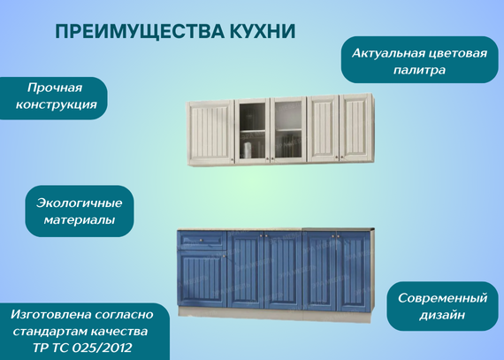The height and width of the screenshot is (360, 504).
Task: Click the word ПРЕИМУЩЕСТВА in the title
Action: [140, 32]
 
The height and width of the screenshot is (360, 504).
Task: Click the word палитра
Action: [419, 70]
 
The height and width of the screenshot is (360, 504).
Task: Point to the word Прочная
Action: [55, 88]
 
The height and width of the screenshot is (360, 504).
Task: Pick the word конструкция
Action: [57, 104]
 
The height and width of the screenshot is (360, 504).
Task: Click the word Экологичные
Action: [79, 203]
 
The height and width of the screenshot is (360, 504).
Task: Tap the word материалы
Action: [80, 220]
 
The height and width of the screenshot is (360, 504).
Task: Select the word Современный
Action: [443, 298]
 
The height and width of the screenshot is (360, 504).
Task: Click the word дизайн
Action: [442, 315]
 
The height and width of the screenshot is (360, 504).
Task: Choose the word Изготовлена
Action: [50, 314]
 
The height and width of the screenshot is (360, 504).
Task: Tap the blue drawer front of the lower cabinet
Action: [202, 241]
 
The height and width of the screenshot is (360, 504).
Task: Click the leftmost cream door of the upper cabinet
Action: [210, 132]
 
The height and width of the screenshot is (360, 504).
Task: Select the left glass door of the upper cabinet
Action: [252, 130]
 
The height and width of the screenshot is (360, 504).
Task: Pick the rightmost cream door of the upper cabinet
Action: [355, 127]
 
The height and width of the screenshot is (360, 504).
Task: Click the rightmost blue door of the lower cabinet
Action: [353, 272]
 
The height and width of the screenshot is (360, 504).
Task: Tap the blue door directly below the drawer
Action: [202, 279]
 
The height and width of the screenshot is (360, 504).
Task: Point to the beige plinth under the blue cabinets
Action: [275, 314]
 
